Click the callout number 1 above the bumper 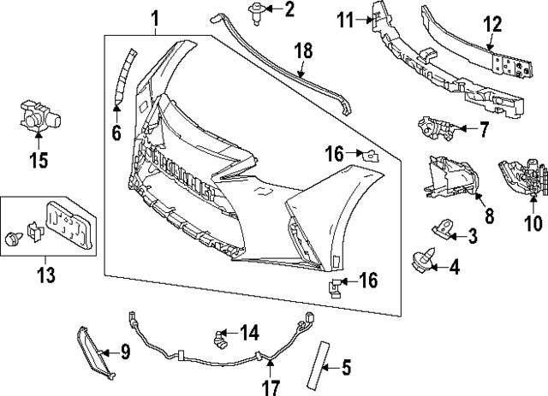[x=155, y=17]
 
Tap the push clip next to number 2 [x=254, y=11]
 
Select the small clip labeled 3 [x=442, y=227]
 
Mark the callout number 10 [x=533, y=224]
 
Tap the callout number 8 [x=489, y=216]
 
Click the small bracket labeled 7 [x=435, y=129]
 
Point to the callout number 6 [x=116, y=132]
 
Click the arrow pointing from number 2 [x=271, y=10]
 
